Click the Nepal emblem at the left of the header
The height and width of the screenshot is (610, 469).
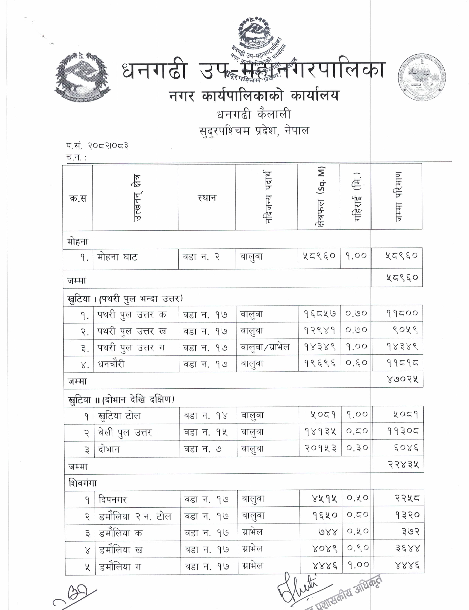[82, 77]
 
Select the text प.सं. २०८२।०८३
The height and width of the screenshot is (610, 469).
[97, 146]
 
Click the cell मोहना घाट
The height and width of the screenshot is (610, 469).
[117, 257]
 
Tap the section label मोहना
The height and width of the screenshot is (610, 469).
[78, 241]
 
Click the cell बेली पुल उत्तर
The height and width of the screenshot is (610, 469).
[125, 432]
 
